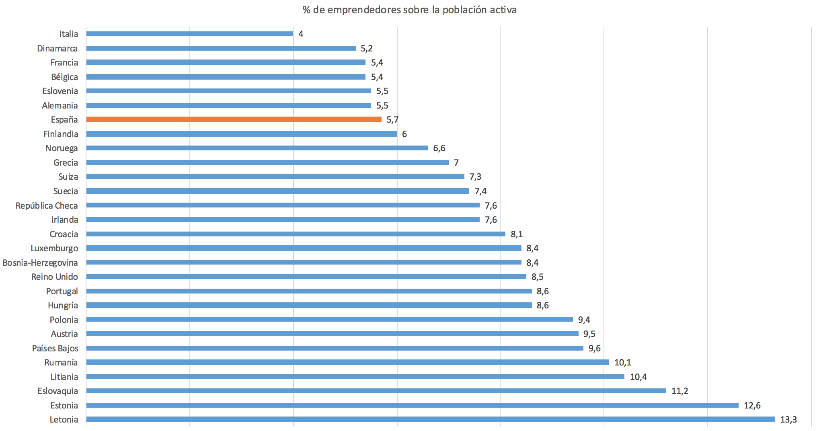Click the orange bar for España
click(x=233, y=119)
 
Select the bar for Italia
click(x=189, y=34)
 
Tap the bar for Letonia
click(x=430, y=419)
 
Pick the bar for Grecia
click(x=267, y=162)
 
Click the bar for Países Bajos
click(x=335, y=348)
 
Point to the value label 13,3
click(x=788, y=419)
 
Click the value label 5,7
click(x=392, y=119)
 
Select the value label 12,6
click(x=752, y=405)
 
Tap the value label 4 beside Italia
click(x=301, y=34)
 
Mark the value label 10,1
click(x=622, y=362)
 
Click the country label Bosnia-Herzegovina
click(x=40, y=263)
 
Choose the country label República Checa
click(x=47, y=205)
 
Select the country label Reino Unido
click(x=55, y=277)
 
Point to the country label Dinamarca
click(x=57, y=48)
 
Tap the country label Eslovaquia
click(x=57, y=391)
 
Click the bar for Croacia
click(x=296, y=234)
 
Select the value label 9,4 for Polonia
click(x=584, y=320)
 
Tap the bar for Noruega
click(x=257, y=148)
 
